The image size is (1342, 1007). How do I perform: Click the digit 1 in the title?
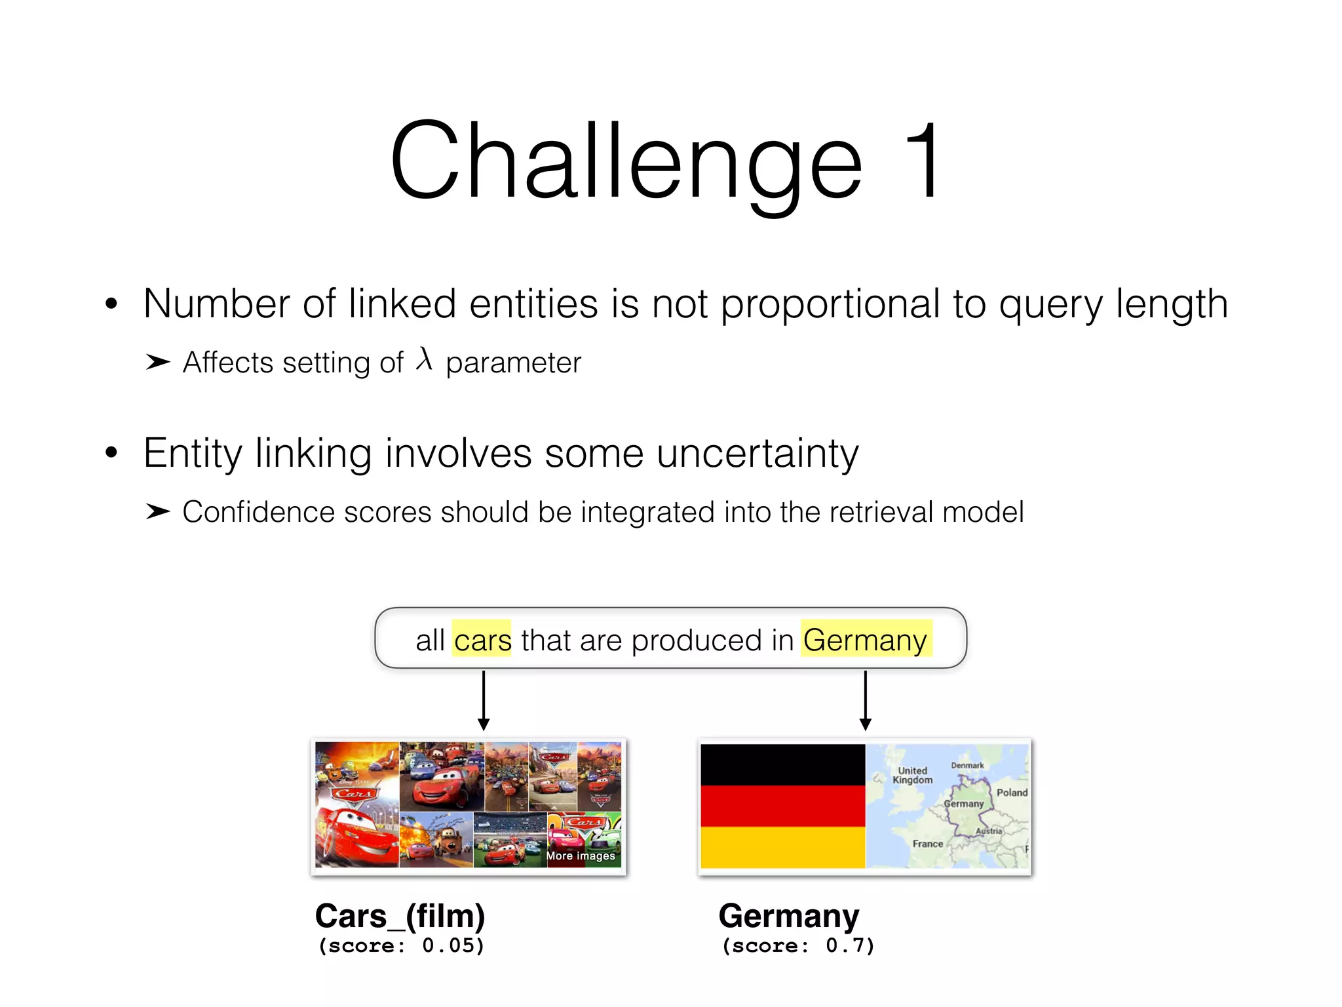click(922, 161)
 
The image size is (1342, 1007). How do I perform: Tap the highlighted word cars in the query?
click(482, 640)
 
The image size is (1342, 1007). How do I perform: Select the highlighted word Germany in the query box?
click(865, 640)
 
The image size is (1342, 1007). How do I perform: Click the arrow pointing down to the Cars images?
click(484, 700)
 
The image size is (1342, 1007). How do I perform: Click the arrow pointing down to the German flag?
click(865, 700)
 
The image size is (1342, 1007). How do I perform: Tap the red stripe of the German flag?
click(782, 806)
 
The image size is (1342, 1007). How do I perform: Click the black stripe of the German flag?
click(782, 764)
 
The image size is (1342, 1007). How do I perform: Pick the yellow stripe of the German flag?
click(782, 847)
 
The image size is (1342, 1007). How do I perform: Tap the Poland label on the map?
click(1012, 793)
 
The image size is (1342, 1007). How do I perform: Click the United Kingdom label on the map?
click(912, 776)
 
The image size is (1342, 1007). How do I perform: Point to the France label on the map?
click(928, 844)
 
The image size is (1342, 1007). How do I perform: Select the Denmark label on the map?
click(967, 765)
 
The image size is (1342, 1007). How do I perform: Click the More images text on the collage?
click(581, 856)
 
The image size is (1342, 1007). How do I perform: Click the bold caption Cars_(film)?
click(400, 916)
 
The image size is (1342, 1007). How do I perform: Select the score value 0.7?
click(845, 945)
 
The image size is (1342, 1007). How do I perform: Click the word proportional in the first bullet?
click(830, 304)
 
